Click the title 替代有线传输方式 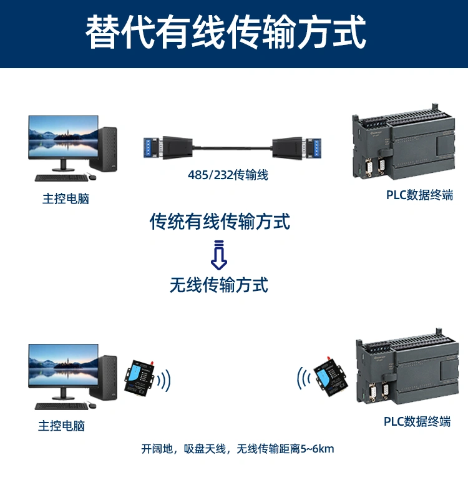[225, 32]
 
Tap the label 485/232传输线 [228, 175]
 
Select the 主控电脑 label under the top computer [66, 199]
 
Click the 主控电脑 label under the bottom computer [61, 426]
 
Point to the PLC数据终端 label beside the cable [419, 195]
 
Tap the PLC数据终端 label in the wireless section [417, 422]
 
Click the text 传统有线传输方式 [220, 221]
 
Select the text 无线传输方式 [219, 285]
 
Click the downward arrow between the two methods [219, 255]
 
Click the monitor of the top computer [62, 140]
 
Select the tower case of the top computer [107, 148]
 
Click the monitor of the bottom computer [62, 369]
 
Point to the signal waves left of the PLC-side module [303, 378]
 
